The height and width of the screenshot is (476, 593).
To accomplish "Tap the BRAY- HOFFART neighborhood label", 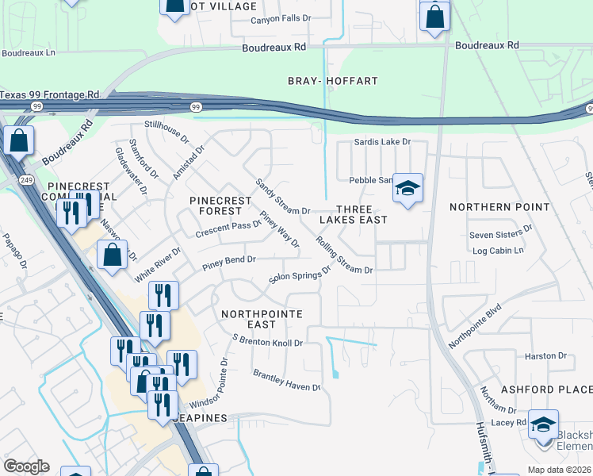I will (x=333, y=81).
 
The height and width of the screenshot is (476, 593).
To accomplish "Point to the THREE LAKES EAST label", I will (x=353, y=213).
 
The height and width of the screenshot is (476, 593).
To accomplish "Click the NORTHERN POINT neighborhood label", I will (x=499, y=207).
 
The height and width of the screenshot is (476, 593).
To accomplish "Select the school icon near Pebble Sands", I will (x=407, y=189).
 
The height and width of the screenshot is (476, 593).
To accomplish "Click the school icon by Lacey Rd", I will (x=543, y=424).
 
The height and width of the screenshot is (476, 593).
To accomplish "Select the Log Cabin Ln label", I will (x=498, y=251).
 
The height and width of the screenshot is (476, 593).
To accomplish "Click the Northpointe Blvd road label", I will (x=476, y=327).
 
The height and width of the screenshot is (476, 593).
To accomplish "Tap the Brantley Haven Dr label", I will (x=286, y=380).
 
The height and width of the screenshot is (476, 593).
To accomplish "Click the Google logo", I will (x=27, y=466).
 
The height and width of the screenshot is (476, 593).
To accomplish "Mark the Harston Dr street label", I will (x=545, y=355).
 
